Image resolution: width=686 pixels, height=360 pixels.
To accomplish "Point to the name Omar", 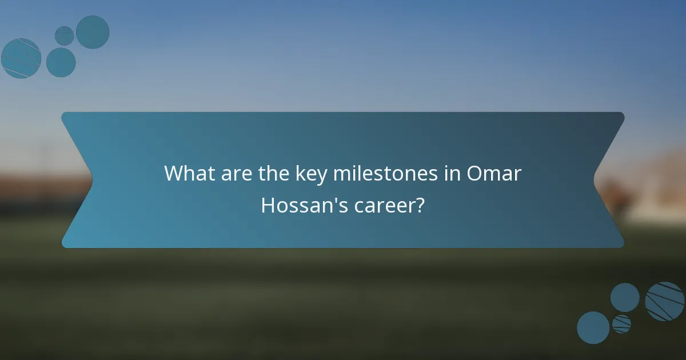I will pyautogui.click(x=494, y=173).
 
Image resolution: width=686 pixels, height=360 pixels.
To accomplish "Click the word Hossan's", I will pyautogui.click(x=301, y=205).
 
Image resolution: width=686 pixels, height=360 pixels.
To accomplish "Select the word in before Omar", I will pyautogui.click(x=452, y=173).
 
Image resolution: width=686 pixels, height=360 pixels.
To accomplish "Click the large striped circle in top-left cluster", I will pyautogui.click(x=21, y=58).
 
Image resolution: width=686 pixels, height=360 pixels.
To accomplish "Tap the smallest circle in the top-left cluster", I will pyautogui.click(x=65, y=35).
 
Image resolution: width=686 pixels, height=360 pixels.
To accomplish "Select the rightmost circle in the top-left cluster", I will pyautogui.click(x=93, y=32).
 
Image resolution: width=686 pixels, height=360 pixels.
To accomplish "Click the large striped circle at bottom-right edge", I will pyautogui.click(x=665, y=301).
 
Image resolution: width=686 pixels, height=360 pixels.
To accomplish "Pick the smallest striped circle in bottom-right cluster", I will pyautogui.click(x=621, y=324).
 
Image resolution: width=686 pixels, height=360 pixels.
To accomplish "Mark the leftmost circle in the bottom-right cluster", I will pyautogui.click(x=593, y=328).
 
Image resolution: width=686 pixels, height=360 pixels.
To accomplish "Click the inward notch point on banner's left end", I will pyautogui.click(x=92, y=181).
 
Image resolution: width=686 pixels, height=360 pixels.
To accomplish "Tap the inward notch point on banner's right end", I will pyautogui.click(x=594, y=181).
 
